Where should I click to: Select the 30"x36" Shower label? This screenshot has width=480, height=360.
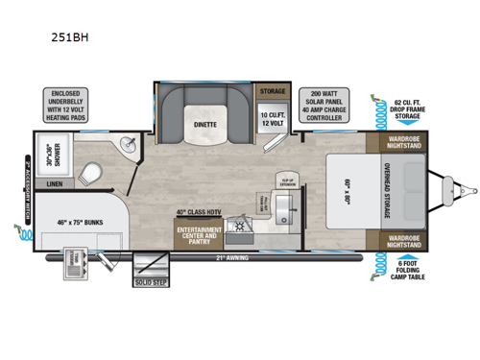pos(45,153)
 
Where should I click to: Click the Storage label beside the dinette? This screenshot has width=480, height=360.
pos(273,90)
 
